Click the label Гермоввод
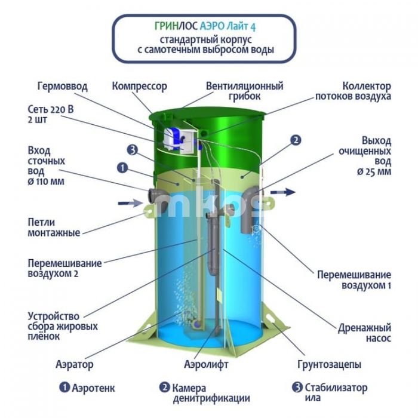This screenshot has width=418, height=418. (x=62, y=87)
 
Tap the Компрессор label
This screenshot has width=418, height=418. (x=139, y=87)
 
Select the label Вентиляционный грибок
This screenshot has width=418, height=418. (x=244, y=91)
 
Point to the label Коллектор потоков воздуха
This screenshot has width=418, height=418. (x=354, y=91)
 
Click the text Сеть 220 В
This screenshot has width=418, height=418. (x=51, y=109)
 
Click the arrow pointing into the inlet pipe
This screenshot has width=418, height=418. (x=130, y=204)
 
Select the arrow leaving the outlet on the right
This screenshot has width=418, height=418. (x=283, y=192)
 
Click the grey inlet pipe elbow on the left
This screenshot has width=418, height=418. (x=158, y=199)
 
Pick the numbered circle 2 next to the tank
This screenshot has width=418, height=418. (x=296, y=140)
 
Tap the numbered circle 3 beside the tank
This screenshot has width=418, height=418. (x=132, y=150)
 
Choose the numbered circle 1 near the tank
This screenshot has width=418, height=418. (x=122, y=168)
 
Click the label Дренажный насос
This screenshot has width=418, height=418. (x=364, y=333)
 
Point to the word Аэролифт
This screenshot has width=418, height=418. (x=206, y=364)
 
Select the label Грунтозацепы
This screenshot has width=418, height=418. (x=329, y=364)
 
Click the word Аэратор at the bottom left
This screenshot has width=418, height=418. (x=75, y=364)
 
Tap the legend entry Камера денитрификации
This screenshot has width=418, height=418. (x=205, y=393)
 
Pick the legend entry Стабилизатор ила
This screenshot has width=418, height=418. (x=330, y=392)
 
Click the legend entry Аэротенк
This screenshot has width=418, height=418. (x=87, y=388)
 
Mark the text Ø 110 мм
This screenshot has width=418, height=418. (x=46, y=182)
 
